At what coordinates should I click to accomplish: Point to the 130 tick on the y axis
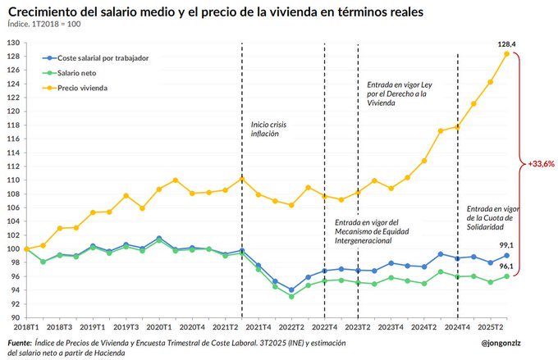pyautogui.click(x=13, y=43)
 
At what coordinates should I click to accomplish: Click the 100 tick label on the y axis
pyautogui.click(x=13, y=248)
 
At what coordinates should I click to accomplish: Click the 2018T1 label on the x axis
pyautogui.click(x=27, y=326)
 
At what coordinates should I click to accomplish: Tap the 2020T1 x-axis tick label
pyautogui.click(x=159, y=326)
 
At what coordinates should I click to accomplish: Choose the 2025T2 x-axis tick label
pyautogui.click(x=491, y=326)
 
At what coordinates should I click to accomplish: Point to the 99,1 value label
pyautogui.click(x=507, y=245)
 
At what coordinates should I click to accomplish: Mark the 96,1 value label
pyautogui.click(x=507, y=267)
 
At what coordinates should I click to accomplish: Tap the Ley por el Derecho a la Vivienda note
pyautogui.click(x=397, y=94)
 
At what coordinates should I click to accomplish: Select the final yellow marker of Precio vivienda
pyautogui.click(x=506, y=54)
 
